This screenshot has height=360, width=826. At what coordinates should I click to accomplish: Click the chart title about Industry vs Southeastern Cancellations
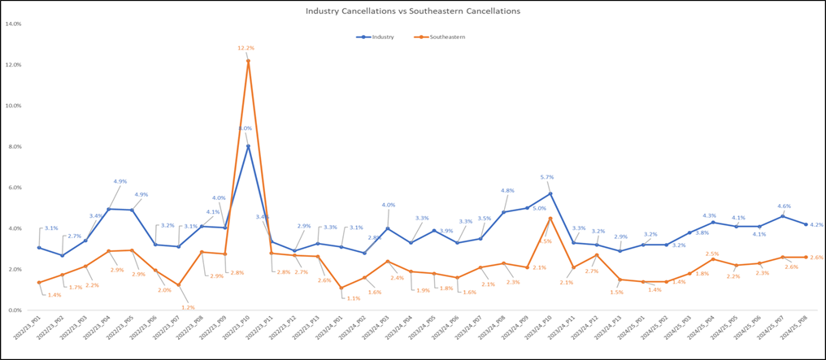point(412,11)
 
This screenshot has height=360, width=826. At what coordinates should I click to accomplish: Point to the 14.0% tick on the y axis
point(14,24)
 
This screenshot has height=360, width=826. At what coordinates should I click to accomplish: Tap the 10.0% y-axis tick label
point(14,106)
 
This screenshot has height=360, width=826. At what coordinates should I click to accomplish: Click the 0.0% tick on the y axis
point(15,310)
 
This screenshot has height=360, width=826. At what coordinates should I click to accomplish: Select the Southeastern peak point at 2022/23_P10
point(248,61)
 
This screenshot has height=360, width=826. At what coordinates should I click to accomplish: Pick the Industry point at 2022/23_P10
point(248,146)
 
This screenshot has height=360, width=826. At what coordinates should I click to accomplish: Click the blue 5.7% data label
point(547,177)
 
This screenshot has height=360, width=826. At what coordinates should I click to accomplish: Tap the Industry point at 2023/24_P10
point(550,193)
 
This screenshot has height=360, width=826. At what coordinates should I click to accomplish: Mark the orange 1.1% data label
point(353,298)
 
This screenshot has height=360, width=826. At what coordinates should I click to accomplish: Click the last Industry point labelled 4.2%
point(806,224)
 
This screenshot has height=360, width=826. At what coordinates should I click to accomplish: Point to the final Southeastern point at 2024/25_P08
point(806,257)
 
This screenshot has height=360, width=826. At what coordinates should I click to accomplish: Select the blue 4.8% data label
point(506,191)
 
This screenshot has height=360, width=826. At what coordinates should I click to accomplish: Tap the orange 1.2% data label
point(188,307)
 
